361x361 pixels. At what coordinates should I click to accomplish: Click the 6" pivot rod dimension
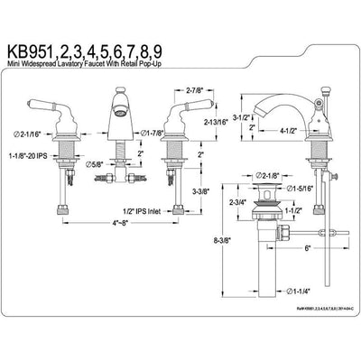(x=308, y=247)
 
